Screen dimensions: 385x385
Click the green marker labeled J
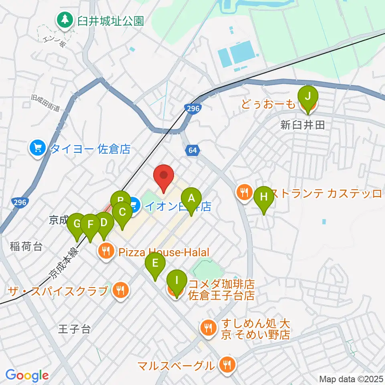(x=308, y=97)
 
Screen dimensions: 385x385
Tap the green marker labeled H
(x=264, y=197)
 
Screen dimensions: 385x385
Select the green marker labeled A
(x=191, y=198)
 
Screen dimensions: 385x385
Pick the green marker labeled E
(x=155, y=264)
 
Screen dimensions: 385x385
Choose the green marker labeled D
(x=104, y=223)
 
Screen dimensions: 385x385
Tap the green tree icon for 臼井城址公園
(x=64, y=20)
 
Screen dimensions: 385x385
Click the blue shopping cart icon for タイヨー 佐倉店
(x=38, y=149)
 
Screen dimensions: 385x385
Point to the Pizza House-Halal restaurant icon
(x=106, y=252)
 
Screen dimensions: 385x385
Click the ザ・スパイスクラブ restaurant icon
(x=120, y=291)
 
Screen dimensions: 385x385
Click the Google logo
(x=27, y=375)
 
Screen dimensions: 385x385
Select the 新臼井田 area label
(x=302, y=126)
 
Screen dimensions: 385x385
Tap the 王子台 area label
(x=74, y=330)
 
